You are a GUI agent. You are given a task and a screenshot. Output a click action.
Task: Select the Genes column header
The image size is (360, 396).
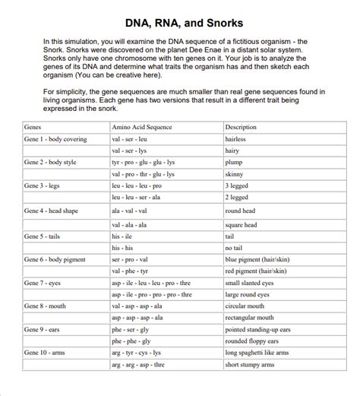33,127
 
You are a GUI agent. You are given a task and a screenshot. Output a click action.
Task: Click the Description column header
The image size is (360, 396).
242,127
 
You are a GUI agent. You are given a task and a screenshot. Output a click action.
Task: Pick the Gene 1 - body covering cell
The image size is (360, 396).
55,140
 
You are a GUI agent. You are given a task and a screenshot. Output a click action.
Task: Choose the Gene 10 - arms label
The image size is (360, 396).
47,353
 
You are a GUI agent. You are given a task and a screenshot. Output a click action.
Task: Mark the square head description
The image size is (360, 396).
242,225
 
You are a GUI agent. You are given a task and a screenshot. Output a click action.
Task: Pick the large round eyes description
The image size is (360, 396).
248,294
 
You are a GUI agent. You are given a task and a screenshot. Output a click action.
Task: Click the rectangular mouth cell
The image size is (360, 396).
250,318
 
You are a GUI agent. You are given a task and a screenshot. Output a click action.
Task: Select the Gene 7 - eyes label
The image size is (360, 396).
45,283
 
